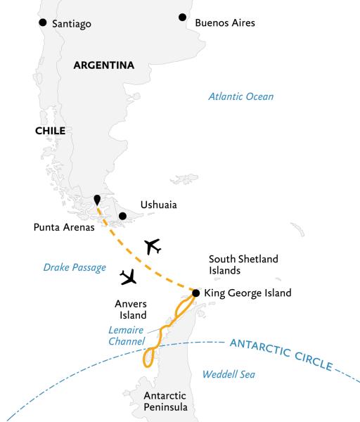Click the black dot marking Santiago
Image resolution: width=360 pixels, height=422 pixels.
click(42, 23)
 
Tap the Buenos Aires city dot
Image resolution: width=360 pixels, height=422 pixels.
click(183, 17)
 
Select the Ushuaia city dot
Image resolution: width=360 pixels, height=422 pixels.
click(122, 216)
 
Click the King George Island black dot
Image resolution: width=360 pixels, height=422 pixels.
click(195, 293)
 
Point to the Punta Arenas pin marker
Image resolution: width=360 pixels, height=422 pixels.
click(97, 200)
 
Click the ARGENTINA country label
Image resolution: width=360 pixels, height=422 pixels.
click(104, 65)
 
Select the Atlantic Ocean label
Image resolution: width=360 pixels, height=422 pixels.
click(240, 96)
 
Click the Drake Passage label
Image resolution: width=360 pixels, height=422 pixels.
click(75, 267)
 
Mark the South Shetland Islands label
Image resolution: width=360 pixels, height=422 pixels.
click(245, 264)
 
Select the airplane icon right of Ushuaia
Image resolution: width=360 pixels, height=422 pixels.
click(152, 246)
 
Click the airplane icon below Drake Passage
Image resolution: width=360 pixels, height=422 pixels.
click(129, 278)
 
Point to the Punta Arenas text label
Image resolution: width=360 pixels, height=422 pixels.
click(64, 227)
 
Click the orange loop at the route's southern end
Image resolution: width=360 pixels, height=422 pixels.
click(148, 358)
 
